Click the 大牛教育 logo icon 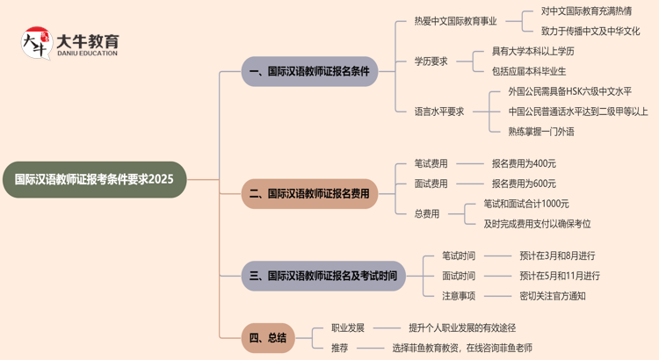[x=36, y=42]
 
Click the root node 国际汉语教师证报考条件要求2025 [x=94, y=179]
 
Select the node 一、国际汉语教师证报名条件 [x=309, y=71]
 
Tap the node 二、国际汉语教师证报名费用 [x=309, y=193]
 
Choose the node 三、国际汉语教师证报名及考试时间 [x=323, y=276]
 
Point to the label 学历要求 [x=431, y=61]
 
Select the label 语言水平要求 [x=439, y=112]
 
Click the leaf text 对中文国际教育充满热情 [x=586, y=11]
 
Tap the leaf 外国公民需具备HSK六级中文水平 [x=569, y=91]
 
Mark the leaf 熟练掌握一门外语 [x=541, y=132]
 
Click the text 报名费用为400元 [x=524, y=163]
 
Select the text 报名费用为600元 [x=524, y=184]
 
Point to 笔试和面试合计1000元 [x=526, y=204]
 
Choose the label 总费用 [x=427, y=213]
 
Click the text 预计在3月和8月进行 [x=557, y=256]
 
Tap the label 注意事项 [x=459, y=296]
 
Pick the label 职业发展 [x=348, y=328]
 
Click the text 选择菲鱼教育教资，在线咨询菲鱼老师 [x=462, y=348]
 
